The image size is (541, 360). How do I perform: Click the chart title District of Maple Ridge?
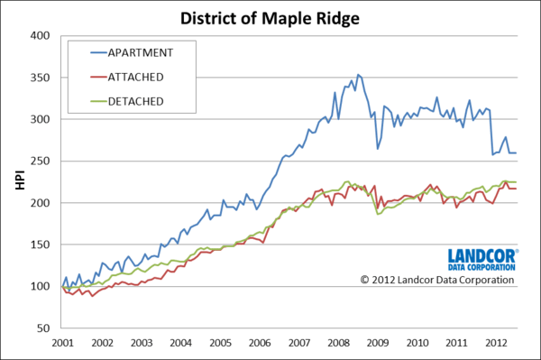pyautogui.click(x=270, y=17)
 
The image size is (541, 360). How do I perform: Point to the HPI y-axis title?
pyautogui.click(x=19, y=182)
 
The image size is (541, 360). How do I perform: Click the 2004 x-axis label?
pyautogui.click(x=180, y=344)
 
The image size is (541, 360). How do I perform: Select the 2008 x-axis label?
pyautogui.click(x=340, y=344)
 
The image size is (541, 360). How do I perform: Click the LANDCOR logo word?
pyautogui.click(x=481, y=255)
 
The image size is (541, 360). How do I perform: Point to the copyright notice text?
pyautogui.click(x=437, y=280)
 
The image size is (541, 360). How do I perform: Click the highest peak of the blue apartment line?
pyautogui.click(x=358, y=74)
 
